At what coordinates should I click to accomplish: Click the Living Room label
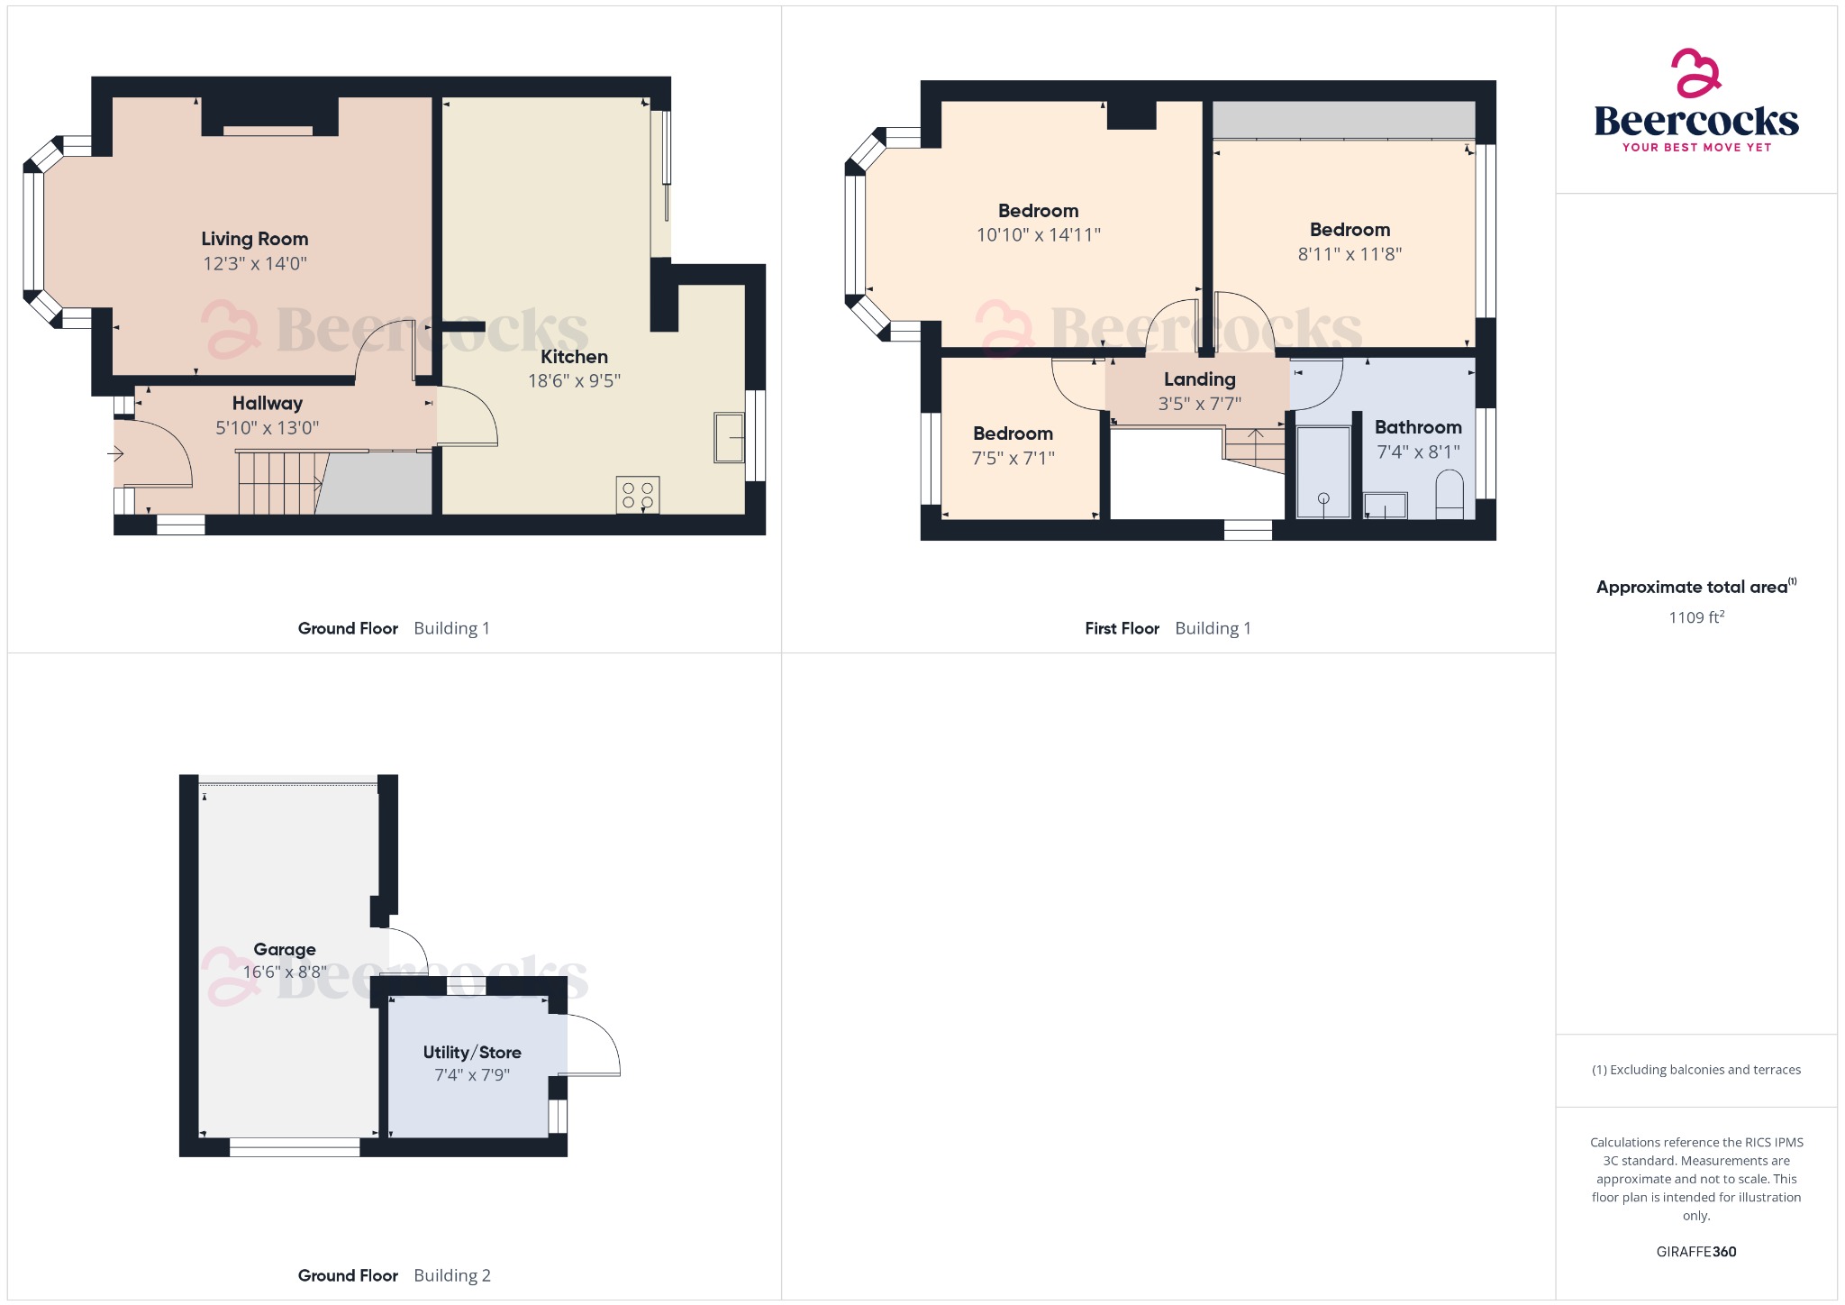pyautogui.click(x=255, y=239)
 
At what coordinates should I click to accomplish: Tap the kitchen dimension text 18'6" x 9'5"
pyautogui.click(x=574, y=380)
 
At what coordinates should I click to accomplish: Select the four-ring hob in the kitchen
pyautogui.click(x=638, y=495)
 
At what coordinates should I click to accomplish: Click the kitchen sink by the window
pyautogui.click(x=729, y=437)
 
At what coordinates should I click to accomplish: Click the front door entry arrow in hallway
pyautogui.click(x=116, y=453)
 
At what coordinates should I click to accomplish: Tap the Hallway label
pyautogui.click(x=268, y=403)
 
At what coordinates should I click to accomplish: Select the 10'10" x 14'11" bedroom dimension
pyautogui.click(x=1038, y=235)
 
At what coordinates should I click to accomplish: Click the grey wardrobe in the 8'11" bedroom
pyautogui.click(x=1343, y=120)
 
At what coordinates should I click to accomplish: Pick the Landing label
pyautogui.click(x=1199, y=379)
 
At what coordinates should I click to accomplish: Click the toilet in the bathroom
pyautogui.click(x=1449, y=496)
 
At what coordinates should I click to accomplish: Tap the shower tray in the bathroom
pyautogui.click(x=1323, y=472)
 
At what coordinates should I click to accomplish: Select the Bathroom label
pyautogui.click(x=1418, y=427)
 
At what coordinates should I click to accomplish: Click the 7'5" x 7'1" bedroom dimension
pyautogui.click(x=1013, y=458)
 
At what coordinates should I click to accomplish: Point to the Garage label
pyautogui.click(x=285, y=949)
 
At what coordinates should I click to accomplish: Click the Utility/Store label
pyautogui.click(x=472, y=1052)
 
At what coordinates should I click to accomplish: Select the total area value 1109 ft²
pyautogui.click(x=1696, y=617)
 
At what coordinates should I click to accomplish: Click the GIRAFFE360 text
pyautogui.click(x=1696, y=1251)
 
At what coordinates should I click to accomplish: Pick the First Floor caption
pyautogui.click(x=1122, y=628)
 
